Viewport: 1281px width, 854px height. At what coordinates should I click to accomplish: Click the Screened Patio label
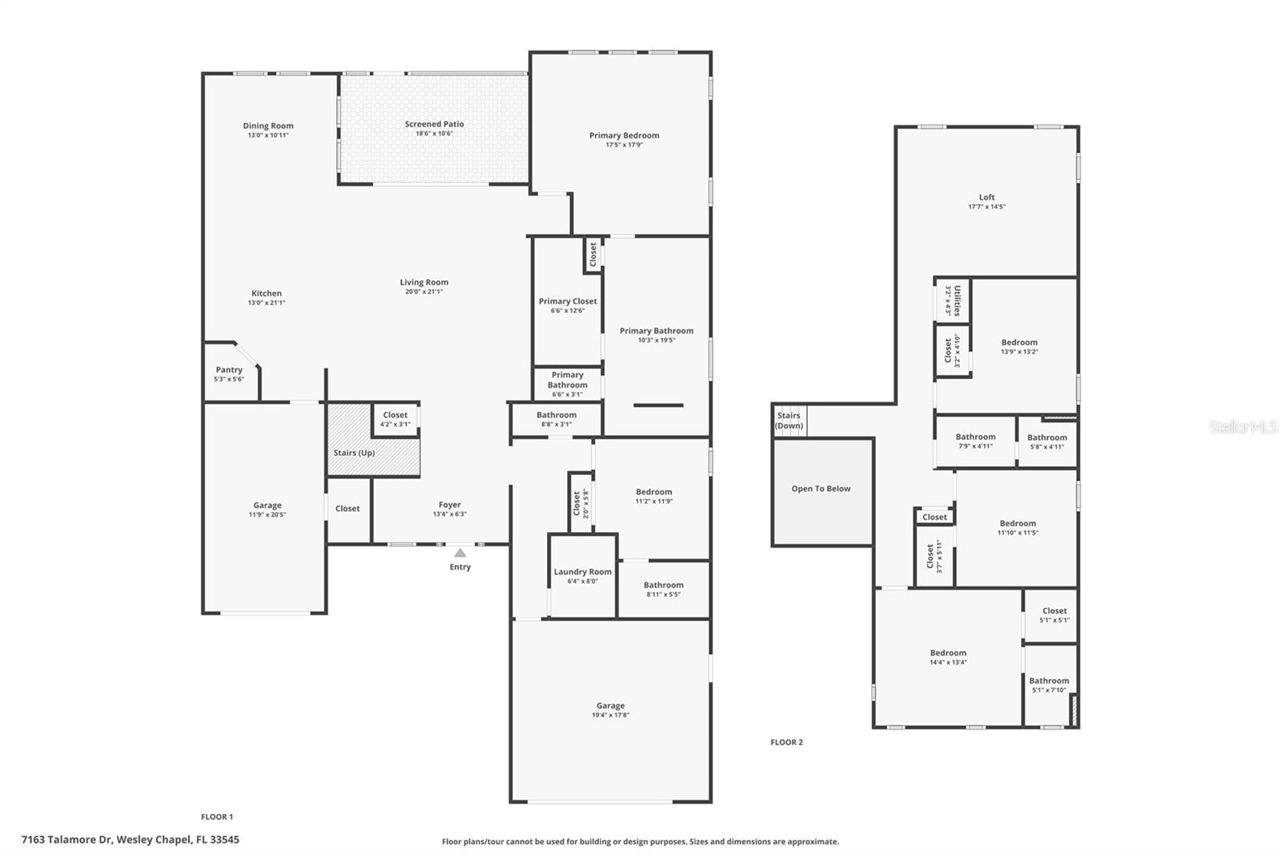click(434, 124)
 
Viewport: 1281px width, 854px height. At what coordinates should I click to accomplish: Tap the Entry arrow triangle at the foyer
click(460, 553)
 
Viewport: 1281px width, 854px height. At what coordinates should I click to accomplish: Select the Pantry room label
click(229, 370)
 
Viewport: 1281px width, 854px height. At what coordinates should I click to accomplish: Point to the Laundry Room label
click(582, 572)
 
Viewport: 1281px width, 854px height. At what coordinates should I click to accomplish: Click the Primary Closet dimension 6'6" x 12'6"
click(568, 311)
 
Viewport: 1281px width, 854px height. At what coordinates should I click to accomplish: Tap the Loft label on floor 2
click(986, 197)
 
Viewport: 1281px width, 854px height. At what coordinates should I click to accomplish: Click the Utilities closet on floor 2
click(953, 300)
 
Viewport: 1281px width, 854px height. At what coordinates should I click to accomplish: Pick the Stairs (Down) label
click(789, 421)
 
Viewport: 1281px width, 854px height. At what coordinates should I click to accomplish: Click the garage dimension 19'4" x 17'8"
click(610, 715)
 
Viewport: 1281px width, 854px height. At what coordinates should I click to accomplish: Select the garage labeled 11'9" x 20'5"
click(267, 510)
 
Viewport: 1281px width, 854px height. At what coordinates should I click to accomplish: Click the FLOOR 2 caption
click(786, 743)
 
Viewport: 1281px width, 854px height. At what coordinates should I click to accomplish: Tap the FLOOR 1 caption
click(217, 817)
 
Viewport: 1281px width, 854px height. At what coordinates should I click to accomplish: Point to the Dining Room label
click(268, 126)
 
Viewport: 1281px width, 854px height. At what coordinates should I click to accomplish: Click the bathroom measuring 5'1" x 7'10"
click(1049, 685)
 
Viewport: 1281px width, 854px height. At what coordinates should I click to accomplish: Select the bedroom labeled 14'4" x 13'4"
click(948, 657)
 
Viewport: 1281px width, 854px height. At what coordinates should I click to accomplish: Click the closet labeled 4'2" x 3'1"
click(395, 419)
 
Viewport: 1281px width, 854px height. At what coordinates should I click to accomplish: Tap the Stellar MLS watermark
click(1243, 428)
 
